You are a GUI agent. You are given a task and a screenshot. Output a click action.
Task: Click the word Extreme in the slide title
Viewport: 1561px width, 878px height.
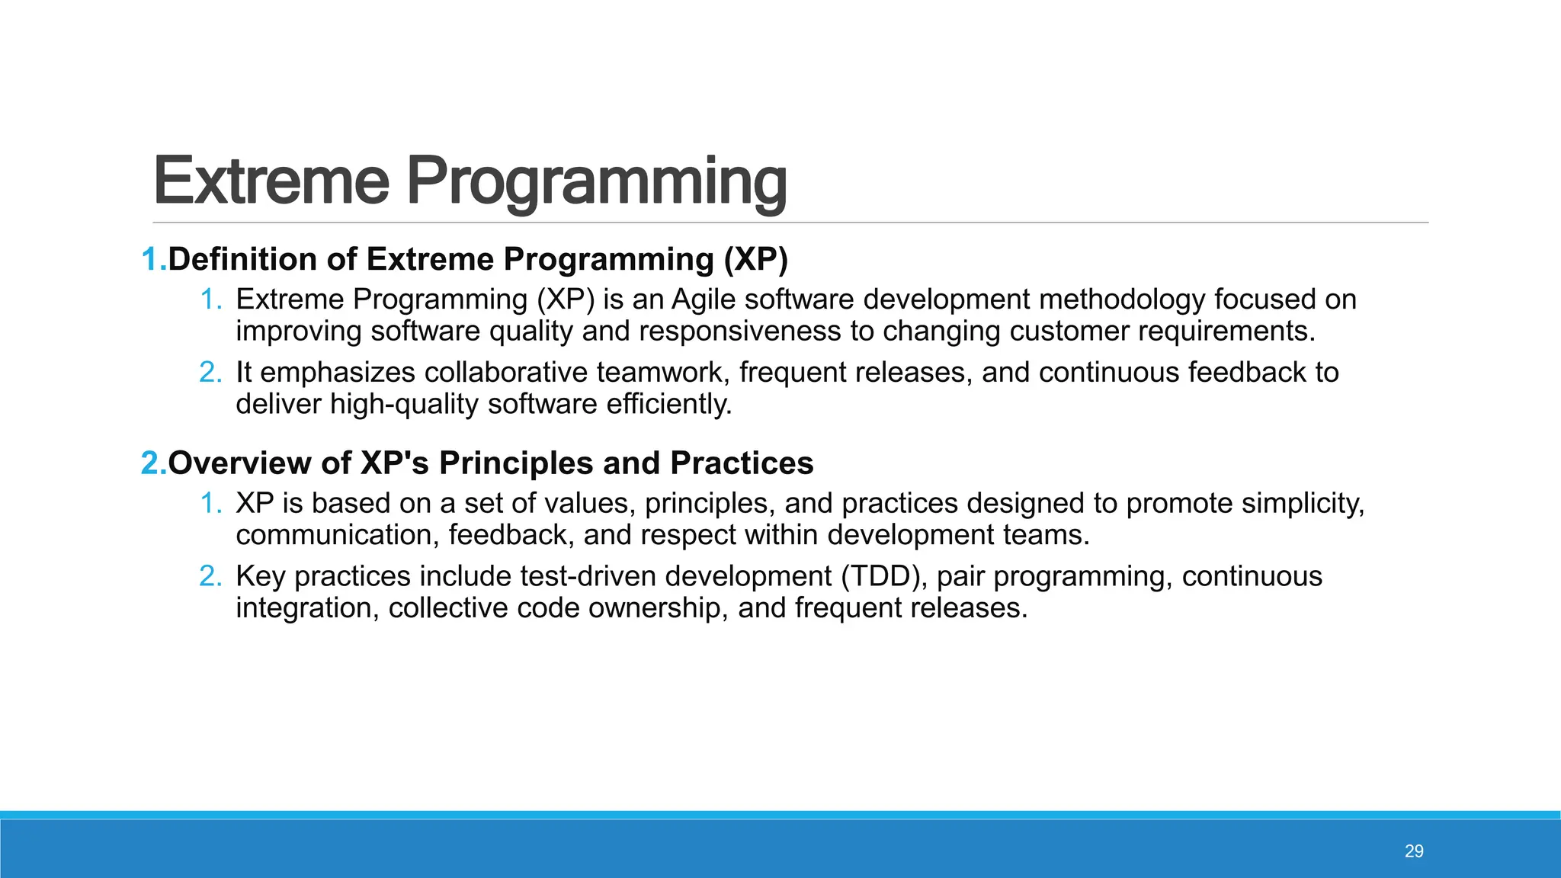(271, 181)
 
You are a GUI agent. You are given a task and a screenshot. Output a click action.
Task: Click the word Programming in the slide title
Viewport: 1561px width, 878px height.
(596, 181)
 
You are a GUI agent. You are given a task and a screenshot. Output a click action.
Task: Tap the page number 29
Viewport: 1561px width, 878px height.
(1414, 851)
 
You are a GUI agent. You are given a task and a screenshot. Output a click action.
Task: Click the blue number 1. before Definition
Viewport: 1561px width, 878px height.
(153, 259)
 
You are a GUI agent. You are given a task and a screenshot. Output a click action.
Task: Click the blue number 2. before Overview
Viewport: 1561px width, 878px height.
(153, 463)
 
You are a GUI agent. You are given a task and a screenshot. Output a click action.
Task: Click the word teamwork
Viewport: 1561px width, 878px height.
(662, 372)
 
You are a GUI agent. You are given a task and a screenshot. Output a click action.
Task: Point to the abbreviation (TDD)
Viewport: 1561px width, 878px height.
(884, 576)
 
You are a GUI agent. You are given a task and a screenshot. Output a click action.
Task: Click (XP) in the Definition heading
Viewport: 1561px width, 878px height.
(755, 259)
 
